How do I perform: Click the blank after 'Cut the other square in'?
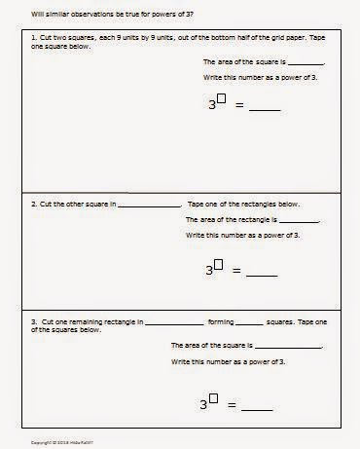click(x=149, y=206)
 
